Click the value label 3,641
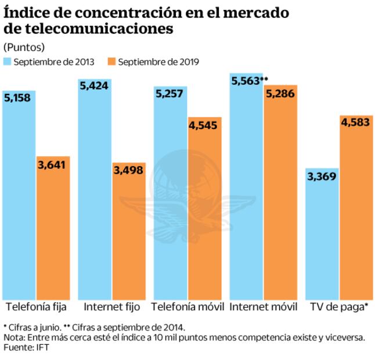tap(53, 165)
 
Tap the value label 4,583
tap(356, 123)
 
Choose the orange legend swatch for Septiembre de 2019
tap(111, 61)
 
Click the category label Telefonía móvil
tap(187, 306)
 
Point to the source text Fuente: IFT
tap(27, 347)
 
